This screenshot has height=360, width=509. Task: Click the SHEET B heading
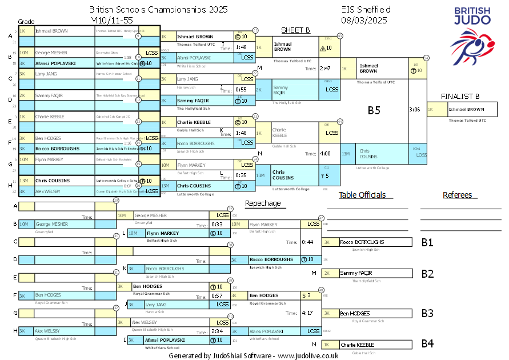tap(295, 30)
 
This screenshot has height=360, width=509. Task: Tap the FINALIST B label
tap(460, 96)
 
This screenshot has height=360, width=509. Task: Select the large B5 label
tap(374, 110)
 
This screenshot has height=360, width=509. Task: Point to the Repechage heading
tap(263, 203)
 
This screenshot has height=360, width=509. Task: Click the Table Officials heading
tap(362, 195)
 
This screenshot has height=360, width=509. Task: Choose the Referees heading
tap(457, 195)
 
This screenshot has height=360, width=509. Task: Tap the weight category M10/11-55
tap(116, 20)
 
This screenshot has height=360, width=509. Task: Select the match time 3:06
tap(415, 109)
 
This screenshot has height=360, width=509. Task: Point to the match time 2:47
tap(326, 69)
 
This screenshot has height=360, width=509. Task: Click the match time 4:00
tap(326, 153)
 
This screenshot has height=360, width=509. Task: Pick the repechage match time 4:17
tap(307, 313)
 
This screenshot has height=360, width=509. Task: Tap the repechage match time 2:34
tap(217, 331)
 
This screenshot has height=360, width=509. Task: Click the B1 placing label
tap(427, 242)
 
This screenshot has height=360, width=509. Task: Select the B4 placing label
tap(427, 344)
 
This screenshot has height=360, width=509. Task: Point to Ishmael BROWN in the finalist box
tap(466, 109)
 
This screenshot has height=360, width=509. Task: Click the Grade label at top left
tap(26, 21)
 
